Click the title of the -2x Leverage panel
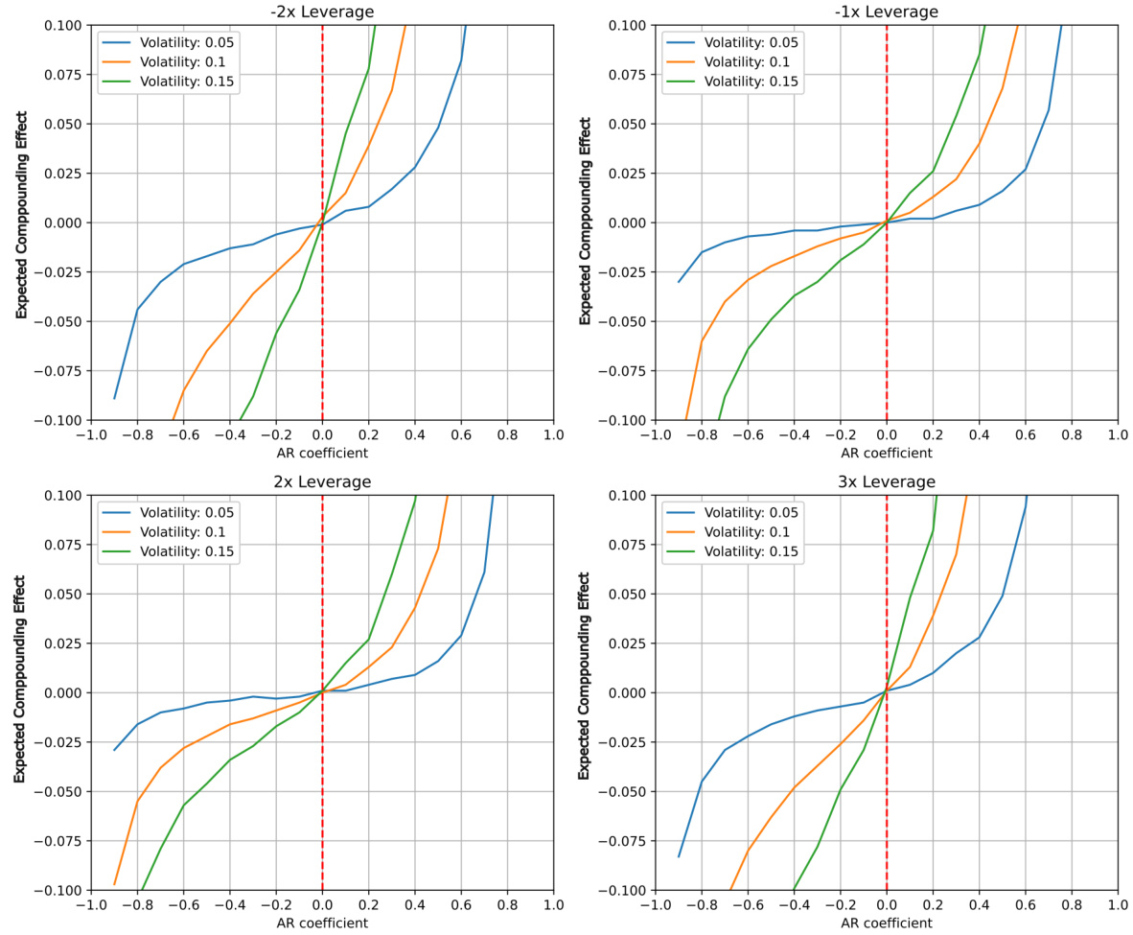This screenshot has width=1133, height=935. [x=322, y=12]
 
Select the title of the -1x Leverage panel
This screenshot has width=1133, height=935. [x=887, y=12]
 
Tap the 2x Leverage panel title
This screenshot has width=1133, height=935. [x=322, y=481]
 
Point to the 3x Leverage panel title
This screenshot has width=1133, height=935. [x=887, y=481]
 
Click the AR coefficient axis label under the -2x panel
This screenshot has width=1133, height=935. [x=322, y=453]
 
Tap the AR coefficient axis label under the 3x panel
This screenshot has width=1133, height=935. [x=887, y=923]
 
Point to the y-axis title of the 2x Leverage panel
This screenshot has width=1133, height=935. [x=19, y=692]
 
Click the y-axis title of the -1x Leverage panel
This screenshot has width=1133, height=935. [x=584, y=222]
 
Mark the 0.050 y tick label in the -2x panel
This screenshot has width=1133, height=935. [x=63, y=124]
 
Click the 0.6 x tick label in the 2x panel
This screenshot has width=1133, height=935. [x=461, y=904]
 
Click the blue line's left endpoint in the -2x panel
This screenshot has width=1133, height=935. [x=115, y=398]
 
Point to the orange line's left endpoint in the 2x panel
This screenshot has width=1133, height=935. [x=115, y=884]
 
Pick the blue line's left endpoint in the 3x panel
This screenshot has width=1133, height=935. [x=680, y=856]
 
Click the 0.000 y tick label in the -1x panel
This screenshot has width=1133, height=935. [x=628, y=222]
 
